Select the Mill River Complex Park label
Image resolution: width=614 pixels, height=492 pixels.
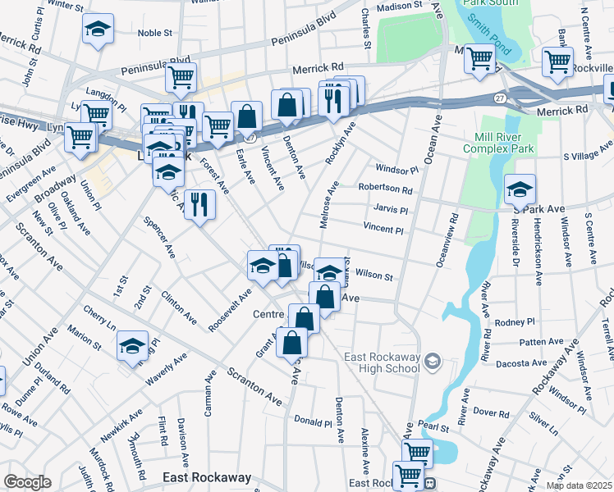click(x=498, y=142)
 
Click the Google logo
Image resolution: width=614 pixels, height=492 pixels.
click(x=27, y=482)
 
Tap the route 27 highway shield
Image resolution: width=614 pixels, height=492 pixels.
click(x=499, y=98)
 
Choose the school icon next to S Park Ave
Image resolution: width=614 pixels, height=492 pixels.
click(x=520, y=190)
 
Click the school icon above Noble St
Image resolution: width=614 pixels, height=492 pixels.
click(x=98, y=30)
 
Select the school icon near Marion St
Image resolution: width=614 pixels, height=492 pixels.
click(x=132, y=346)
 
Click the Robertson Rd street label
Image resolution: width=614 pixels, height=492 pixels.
click(x=384, y=189)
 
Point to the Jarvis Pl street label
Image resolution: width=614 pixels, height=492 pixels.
click(x=390, y=210)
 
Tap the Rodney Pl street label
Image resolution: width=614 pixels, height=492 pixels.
click(x=515, y=321)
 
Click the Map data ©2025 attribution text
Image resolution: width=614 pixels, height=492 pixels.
click(x=578, y=485)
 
